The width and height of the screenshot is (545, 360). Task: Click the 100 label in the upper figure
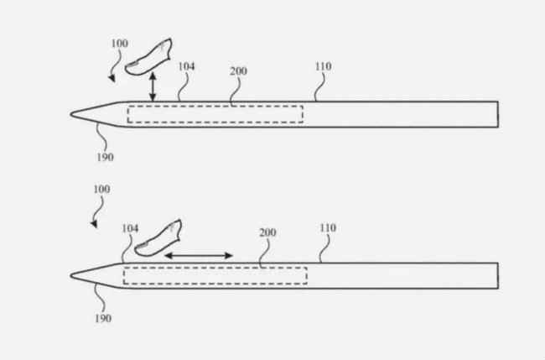(120, 44)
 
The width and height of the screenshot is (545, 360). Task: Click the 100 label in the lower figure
(101, 189)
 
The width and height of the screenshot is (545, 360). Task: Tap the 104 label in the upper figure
(186, 66)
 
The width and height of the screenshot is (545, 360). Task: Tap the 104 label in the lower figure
(130, 228)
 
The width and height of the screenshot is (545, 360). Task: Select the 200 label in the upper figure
(238, 71)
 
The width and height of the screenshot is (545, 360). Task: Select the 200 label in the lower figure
(268, 232)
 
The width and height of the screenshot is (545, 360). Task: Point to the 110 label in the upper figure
(324, 66)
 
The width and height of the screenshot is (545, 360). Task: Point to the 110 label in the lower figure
(328, 228)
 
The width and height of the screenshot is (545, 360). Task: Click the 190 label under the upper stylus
(105, 158)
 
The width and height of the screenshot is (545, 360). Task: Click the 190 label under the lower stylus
(103, 319)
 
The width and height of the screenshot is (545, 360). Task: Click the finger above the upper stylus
(148, 57)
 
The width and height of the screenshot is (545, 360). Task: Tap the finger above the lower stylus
(158, 238)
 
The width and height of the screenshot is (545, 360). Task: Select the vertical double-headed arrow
(153, 86)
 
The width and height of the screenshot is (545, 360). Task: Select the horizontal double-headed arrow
(199, 256)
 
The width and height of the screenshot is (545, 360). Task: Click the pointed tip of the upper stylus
(71, 114)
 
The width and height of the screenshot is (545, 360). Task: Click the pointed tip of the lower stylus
(71, 275)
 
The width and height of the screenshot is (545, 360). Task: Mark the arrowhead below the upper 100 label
(112, 79)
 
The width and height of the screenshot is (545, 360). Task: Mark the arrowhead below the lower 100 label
(94, 224)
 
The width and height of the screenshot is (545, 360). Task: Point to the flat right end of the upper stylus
(498, 114)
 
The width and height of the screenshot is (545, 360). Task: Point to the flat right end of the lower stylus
(498, 276)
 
